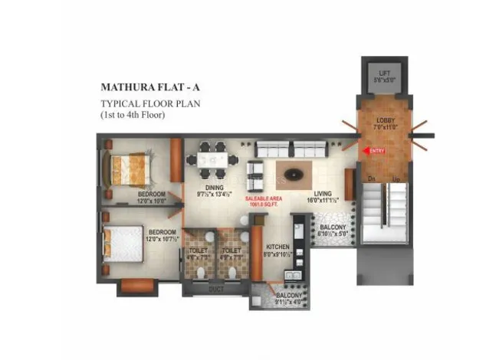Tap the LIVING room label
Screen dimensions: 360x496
(322, 195)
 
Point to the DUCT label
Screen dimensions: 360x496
(217, 289)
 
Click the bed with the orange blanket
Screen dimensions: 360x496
(127, 166)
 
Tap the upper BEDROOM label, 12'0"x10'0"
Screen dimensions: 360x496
(153, 195)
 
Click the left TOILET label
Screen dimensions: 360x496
(198, 250)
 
